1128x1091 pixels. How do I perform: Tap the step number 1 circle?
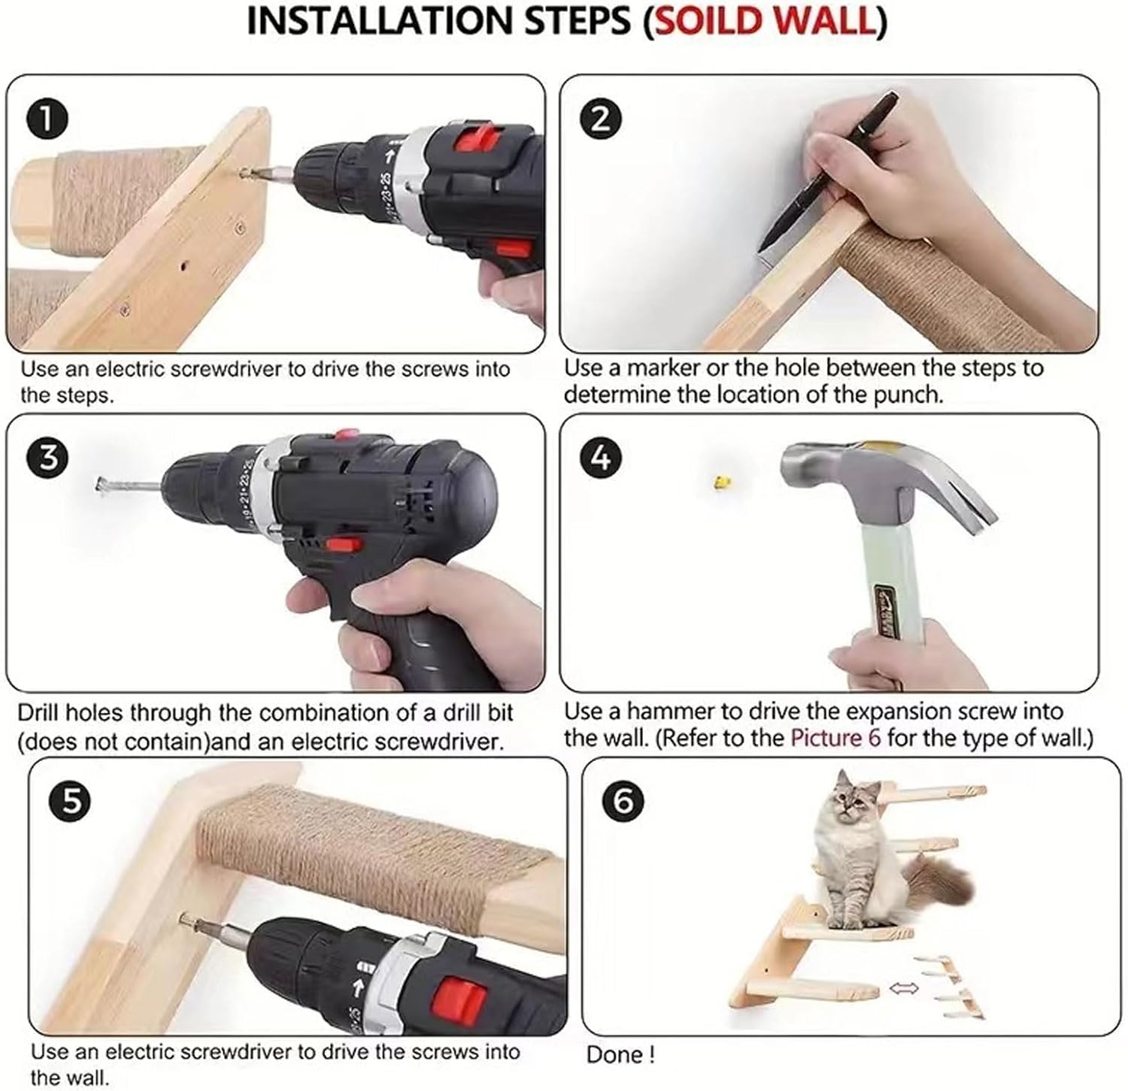[x=47, y=120]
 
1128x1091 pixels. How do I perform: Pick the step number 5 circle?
[x=70, y=802]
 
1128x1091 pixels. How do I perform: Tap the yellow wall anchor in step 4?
[x=722, y=482]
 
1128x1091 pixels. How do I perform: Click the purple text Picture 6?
[x=835, y=737]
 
